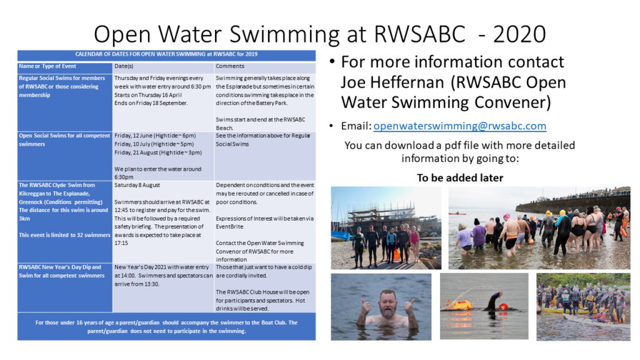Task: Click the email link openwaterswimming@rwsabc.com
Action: (x=459, y=126)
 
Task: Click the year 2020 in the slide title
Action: (x=519, y=34)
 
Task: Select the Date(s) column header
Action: (x=124, y=66)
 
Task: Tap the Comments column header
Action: (x=230, y=66)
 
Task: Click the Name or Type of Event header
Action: (x=47, y=66)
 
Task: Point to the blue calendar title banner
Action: (x=166, y=55)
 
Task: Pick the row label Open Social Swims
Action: (x=64, y=139)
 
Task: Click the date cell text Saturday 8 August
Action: (x=137, y=185)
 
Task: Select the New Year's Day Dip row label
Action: (x=62, y=271)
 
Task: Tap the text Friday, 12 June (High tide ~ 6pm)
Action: (x=155, y=136)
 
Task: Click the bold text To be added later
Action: (x=460, y=177)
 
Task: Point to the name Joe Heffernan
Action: (x=392, y=82)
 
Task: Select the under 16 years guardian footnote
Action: (x=166, y=326)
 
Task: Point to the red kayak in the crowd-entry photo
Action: (x=457, y=213)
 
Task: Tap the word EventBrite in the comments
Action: (x=229, y=226)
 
